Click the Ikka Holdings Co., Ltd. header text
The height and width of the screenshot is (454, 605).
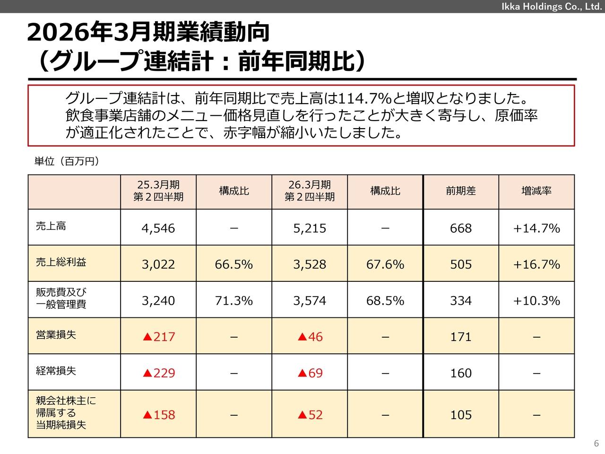(x=551, y=6)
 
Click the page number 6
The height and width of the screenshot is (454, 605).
(x=596, y=444)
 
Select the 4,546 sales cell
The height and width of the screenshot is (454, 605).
(x=158, y=228)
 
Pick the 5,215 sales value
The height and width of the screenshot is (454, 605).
(x=310, y=228)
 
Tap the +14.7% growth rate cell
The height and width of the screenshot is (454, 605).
(x=536, y=228)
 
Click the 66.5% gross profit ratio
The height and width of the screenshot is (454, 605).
(x=234, y=264)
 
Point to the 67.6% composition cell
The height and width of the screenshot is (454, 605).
(x=385, y=264)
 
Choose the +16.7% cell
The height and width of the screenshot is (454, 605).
(x=536, y=264)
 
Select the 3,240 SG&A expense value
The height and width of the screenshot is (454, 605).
(x=158, y=301)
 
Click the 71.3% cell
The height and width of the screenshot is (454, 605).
(x=234, y=301)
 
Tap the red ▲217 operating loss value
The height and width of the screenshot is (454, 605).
(x=159, y=337)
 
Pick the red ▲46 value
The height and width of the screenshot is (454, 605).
(x=310, y=337)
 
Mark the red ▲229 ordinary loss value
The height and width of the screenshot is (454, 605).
(x=159, y=373)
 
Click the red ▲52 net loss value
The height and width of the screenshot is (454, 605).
(x=310, y=415)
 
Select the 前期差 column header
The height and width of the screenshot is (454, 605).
(x=461, y=191)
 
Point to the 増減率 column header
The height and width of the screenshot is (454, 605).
(x=536, y=191)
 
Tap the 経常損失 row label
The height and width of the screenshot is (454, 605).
(x=56, y=371)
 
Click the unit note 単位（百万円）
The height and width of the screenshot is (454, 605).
(x=67, y=162)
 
